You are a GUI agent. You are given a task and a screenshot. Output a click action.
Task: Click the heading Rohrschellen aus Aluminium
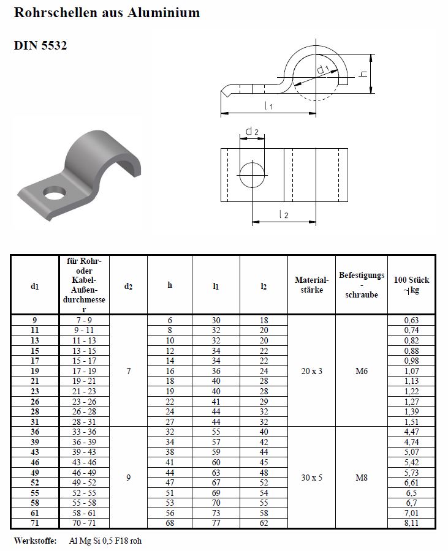pyautogui.click(x=107, y=13)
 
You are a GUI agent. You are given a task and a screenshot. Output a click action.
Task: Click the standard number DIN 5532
pyautogui.click(x=40, y=45)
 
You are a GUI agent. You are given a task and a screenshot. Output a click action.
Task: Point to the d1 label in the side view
pyautogui.click(x=324, y=70)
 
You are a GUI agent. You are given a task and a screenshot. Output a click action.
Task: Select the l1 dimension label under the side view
pyautogui.click(x=268, y=106)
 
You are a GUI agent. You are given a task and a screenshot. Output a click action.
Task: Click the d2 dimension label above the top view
pyautogui.click(x=252, y=131)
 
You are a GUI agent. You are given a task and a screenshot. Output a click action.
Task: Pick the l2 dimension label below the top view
pyautogui.click(x=283, y=214)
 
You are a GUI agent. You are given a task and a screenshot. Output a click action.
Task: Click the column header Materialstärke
pyautogui.click(x=311, y=285)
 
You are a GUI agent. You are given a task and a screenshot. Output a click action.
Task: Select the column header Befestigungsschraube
pyautogui.click(x=361, y=285)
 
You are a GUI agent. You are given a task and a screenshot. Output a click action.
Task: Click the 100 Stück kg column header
pyautogui.click(x=411, y=285)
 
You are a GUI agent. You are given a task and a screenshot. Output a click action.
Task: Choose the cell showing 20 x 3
pyautogui.click(x=311, y=370)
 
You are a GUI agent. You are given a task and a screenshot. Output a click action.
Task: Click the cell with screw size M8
pyautogui.click(x=361, y=477)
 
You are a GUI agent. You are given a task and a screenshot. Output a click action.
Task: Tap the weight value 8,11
pyautogui.click(x=411, y=523)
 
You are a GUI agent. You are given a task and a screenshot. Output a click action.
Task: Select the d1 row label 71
pyautogui.click(x=35, y=523)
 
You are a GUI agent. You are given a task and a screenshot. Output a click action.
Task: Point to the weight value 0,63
pyautogui.click(x=411, y=320)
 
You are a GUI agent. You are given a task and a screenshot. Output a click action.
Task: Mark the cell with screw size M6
pyautogui.click(x=361, y=370)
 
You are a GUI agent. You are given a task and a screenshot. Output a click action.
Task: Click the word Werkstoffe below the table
pyautogui.click(x=35, y=541)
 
